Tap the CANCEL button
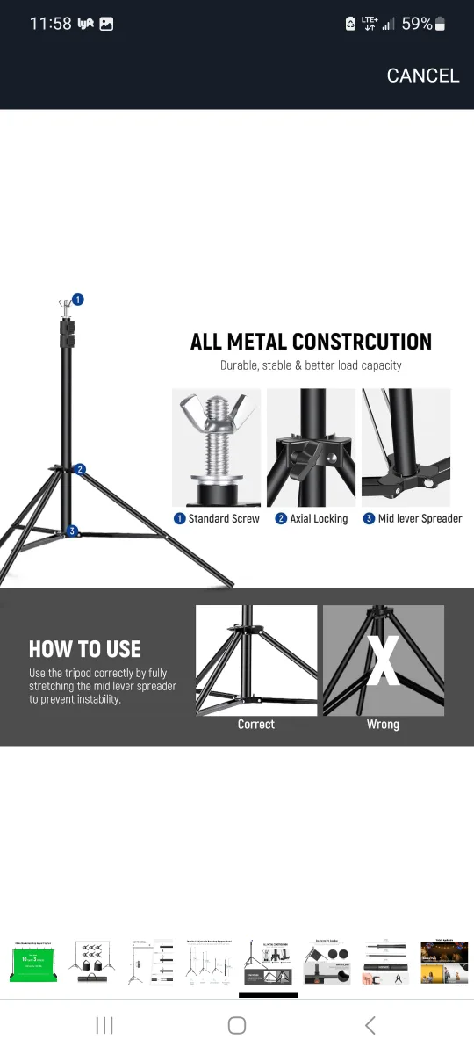pos(422,76)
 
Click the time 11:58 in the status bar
pos(50,24)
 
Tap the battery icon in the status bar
pos(440,25)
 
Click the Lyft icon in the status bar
pos(86,25)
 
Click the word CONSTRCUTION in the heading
pos(362,342)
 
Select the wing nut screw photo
pos(216,447)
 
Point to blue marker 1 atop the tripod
pos(78,300)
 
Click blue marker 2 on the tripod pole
pos(80,469)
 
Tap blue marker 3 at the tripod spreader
pos(72,531)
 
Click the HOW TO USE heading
pos(85,649)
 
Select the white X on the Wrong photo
pos(383,661)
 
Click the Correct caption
pos(255,725)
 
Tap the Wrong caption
pos(383,725)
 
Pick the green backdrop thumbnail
pos(33,964)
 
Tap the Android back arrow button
pos(370,1025)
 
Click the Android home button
pos(236,1025)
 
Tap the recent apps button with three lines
pos(104,1025)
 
